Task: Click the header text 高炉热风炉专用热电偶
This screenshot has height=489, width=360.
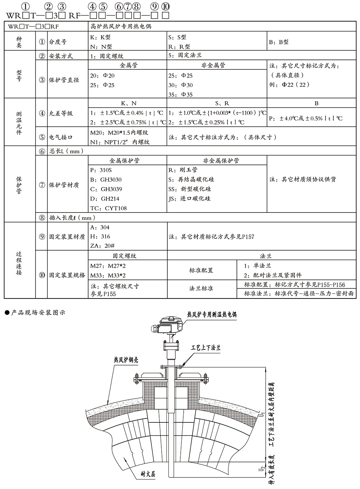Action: (120, 27)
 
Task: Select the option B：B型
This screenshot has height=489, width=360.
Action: (279, 42)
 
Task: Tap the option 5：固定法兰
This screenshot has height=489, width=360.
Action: (185, 55)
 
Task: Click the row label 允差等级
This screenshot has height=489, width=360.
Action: (61, 113)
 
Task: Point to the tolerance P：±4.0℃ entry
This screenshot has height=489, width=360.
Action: (306, 118)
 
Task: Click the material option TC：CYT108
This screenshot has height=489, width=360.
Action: (108, 208)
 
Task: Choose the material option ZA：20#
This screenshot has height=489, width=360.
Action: (103, 246)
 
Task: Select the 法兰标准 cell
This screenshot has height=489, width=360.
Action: (201, 289)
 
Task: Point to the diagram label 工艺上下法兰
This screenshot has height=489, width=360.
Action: (205, 348)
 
